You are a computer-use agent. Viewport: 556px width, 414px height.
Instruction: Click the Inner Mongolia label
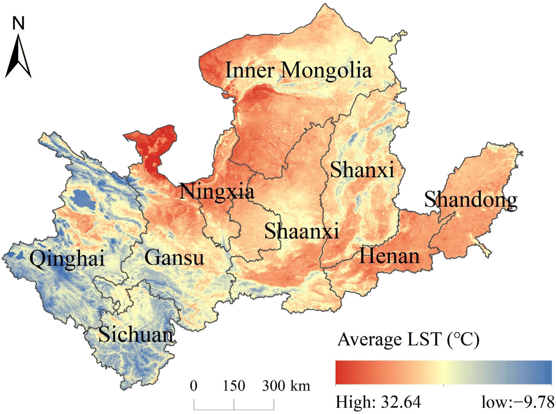coord(298,71)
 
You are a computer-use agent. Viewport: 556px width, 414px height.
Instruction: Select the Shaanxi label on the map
coord(301,231)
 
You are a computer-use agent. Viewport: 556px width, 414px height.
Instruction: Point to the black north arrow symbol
coord(18,56)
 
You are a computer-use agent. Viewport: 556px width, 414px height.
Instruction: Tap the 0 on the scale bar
coord(194,386)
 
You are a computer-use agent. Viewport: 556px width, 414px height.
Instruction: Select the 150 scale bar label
coord(234,386)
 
